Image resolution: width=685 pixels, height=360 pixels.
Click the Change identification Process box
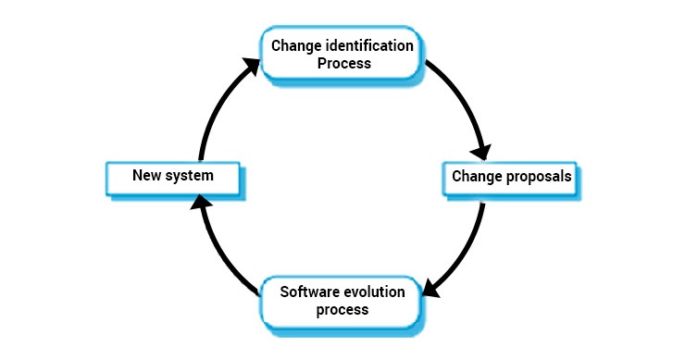pyautogui.click(x=343, y=55)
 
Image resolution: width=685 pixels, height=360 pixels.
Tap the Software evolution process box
pyautogui.click(x=342, y=301)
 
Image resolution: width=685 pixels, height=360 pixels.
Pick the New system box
pyautogui.click(x=173, y=175)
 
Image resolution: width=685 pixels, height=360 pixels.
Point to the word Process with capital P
pyautogui.click(x=343, y=64)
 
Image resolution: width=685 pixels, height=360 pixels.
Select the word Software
pyautogui.click(x=310, y=292)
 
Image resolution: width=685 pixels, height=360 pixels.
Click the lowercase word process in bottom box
pyautogui.click(x=342, y=310)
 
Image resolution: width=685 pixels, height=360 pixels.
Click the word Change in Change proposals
pyautogui.click(x=474, y=175)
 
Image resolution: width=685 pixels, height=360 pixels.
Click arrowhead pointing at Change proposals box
pyautogui.click(x=481, y=149)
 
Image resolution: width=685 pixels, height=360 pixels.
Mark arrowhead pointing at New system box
pyautogui.click(x=205, y=203)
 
